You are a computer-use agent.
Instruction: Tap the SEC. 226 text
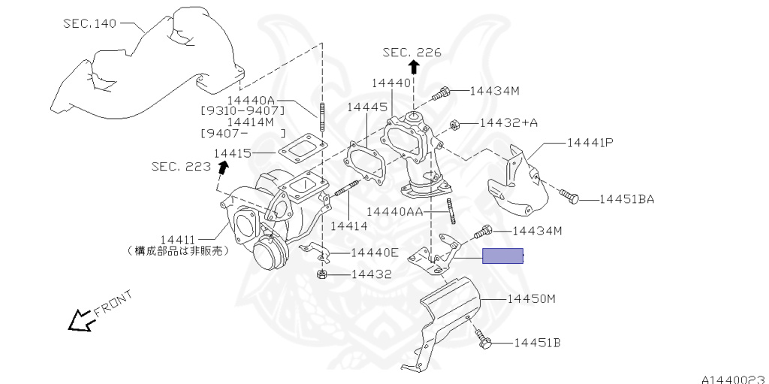(412, 53)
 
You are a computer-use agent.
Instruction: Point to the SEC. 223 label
(181, 167)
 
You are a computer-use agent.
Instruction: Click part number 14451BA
(627, 199)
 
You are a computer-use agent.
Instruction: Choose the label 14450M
(530, 298)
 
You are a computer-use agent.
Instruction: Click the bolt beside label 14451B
(484, 343)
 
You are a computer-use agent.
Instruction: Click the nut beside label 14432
(321, 274)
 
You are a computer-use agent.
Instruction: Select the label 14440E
(375, 252)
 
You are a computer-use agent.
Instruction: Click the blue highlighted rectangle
(502, 256)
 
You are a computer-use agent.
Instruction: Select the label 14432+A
(508, 122)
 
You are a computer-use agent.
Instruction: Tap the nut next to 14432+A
(454, 123)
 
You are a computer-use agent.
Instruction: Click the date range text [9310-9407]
(243, 110)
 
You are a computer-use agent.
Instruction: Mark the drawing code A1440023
(734, 377)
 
